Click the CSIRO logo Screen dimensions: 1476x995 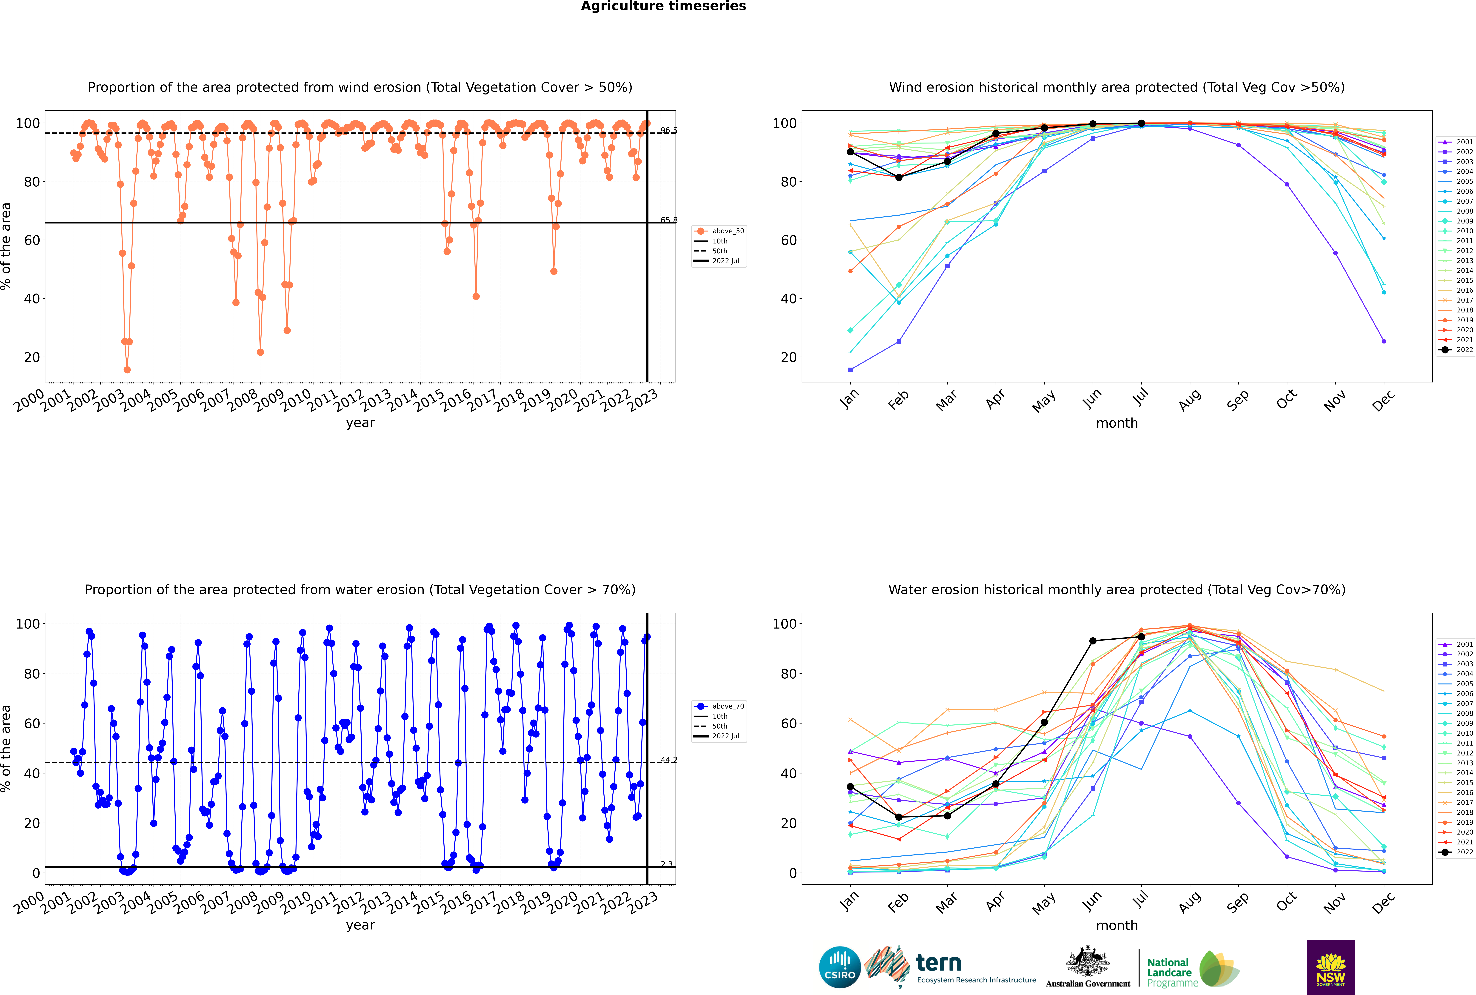point(839,967)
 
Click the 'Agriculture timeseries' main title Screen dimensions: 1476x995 point(663,6)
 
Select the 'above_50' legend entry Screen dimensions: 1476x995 point(719,231)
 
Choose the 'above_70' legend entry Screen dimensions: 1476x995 point(719,706)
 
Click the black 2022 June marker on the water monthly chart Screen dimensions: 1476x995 point(1093,641)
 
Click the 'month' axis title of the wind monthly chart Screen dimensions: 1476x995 point(1117,423)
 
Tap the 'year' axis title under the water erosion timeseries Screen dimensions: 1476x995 point(360,925)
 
